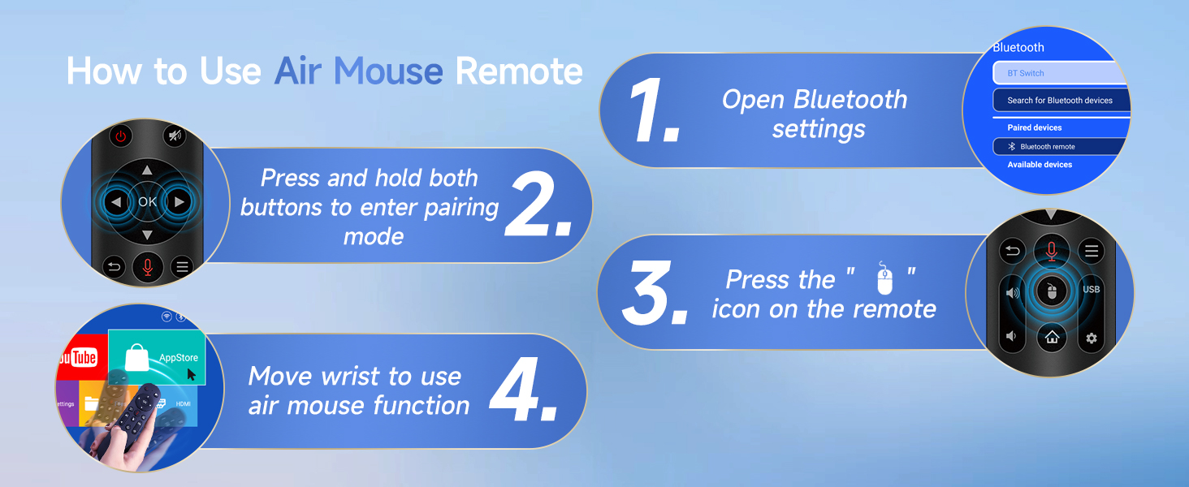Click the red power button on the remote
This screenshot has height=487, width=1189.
click(121, 136)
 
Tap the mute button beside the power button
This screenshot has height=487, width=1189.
click(175, 136)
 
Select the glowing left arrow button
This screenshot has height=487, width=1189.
click(115, 202)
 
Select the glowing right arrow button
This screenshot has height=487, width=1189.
click(179, 202)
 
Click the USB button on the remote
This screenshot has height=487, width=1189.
click(1092, 289)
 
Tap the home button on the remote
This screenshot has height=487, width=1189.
click(1052, 338)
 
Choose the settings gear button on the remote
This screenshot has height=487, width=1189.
click(1092, 338)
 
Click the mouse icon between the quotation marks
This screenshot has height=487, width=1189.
click(884, 278)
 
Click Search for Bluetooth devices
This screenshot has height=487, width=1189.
click(1061, 101)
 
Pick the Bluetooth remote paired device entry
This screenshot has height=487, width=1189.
click(1060, 146)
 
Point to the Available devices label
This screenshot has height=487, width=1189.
click(1040, 165)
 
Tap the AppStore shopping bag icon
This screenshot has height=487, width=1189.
click(136, 358)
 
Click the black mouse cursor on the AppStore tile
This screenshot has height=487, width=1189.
click(191, 374)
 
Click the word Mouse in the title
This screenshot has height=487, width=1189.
click(388, 71)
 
